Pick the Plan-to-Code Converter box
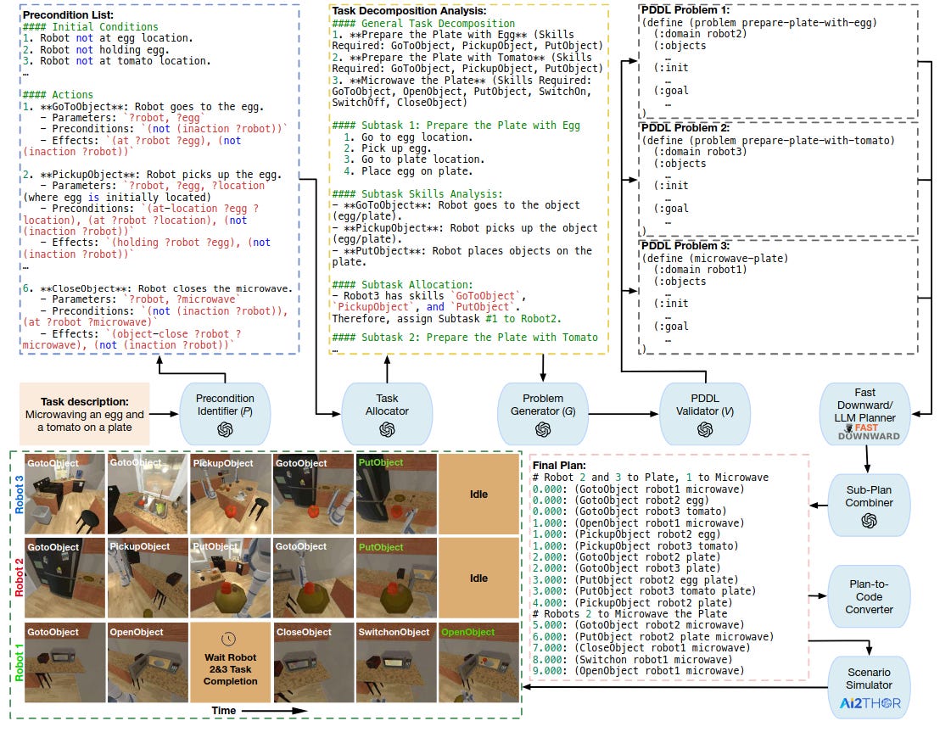tap(869, 596)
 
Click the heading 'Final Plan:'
tap(560, 466)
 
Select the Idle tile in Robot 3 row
tap(478, 494)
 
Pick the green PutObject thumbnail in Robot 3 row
tap(394, 494)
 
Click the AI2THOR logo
tap(869, 703)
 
